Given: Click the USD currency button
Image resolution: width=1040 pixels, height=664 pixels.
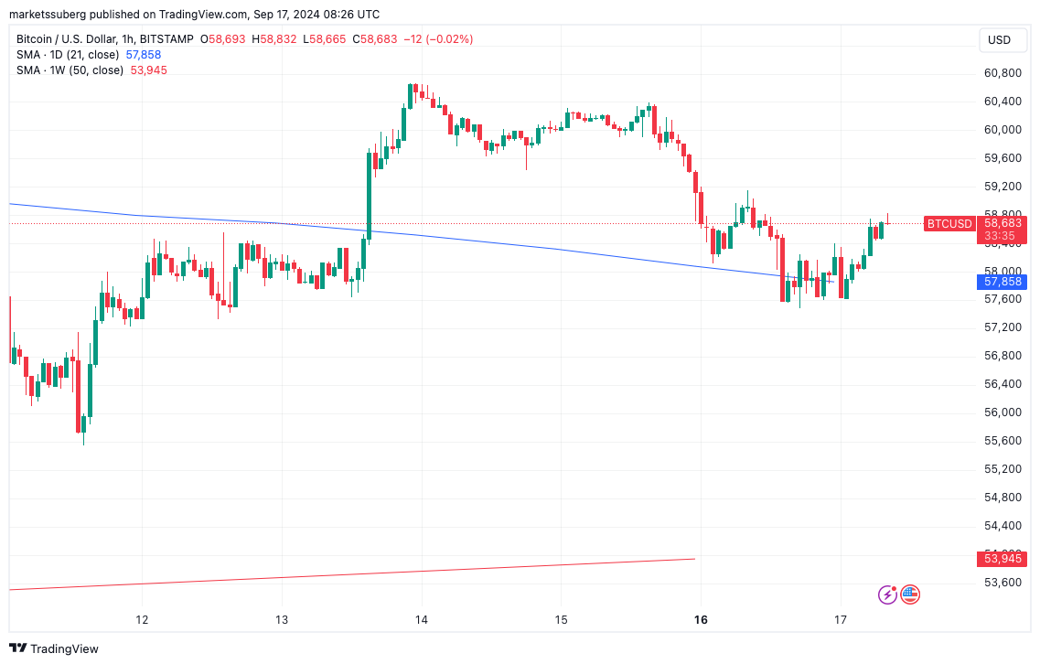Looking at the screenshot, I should click(x=999, y=40).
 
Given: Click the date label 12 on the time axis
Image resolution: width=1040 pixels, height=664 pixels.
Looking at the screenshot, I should click(x=142, y=620).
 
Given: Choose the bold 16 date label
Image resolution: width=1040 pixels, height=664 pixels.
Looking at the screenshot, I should click(x=701, y=620).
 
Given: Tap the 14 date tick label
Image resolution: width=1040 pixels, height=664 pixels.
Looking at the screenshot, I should click(x=422, y=620).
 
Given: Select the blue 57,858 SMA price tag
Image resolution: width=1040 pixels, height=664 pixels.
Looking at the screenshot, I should click(x=1001, y=282).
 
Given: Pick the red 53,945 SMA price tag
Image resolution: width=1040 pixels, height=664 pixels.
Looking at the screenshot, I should click(x=1001, y=559).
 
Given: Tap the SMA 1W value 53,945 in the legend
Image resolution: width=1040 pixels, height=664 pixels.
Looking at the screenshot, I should click(x=149, y=70).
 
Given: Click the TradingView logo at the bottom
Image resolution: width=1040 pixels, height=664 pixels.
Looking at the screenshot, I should click(x=55, y=648).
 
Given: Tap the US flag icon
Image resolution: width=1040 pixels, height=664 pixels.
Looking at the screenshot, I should click(x=909, y=594).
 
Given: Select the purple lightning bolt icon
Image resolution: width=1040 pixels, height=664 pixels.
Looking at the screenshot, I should click(x=887, y=594).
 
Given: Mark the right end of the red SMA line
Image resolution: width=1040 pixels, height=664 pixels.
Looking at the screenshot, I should click(x=694, y=559).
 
